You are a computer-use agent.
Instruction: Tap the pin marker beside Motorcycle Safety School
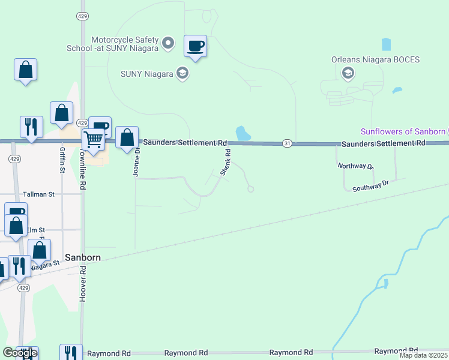[x=168, y=43]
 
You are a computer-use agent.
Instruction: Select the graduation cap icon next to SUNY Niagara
[x=182, y=74]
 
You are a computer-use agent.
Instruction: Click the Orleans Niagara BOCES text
[x=375, y=59]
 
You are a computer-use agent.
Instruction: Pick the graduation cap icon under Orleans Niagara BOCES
[x=346, y=73]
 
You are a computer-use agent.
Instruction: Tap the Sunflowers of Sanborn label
[x=403, y=131]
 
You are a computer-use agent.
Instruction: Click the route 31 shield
[x=288, y=143]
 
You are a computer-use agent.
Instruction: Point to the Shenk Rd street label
[x=226, y=162]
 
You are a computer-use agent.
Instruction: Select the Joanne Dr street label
[x=137, y=161]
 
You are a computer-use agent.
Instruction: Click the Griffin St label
[x=62, y=160]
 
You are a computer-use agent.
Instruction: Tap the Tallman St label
[x=38, y=194]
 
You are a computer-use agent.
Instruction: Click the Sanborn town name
[x=82, y=257]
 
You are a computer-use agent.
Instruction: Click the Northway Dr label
[x=355, y=166]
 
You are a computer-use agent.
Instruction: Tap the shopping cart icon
[x=93, y=139]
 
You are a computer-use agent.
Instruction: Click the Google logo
[x=19, y=353]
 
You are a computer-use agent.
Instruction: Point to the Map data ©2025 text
[x=423, y=355]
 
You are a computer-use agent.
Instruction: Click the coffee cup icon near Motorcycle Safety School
[x=196, y=46]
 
